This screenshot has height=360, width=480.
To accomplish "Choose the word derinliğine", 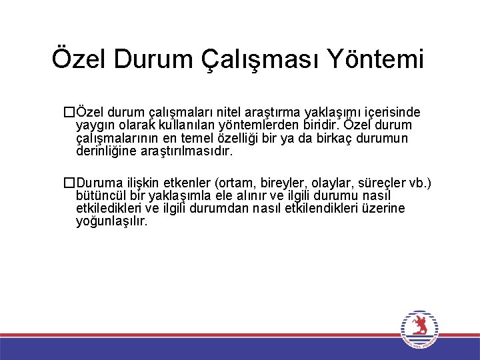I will [107, 151].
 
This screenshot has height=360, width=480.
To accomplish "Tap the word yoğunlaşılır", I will [111, 221].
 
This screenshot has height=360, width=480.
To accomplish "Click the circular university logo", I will [419, 328].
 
